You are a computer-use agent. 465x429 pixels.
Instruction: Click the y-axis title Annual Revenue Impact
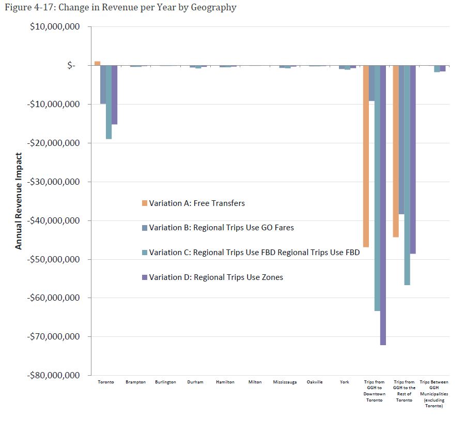click(x=19, y=201)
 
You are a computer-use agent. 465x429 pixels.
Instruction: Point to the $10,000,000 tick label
click(x=54, y=27)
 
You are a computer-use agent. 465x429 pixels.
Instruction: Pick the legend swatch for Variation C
click(x=145, y=253)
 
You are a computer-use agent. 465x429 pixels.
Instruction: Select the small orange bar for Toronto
click(x=97, y=63)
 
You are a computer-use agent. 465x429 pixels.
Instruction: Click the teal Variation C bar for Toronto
click(x=109, y=102)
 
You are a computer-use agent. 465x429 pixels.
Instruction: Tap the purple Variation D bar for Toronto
click(x=114, y=95)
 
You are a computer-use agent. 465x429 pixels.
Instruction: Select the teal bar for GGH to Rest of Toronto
click(x=407, y=175)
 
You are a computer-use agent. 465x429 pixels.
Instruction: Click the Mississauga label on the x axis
click(x=285, y=382)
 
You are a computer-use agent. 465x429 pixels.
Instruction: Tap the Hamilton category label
click(x=225, y=382)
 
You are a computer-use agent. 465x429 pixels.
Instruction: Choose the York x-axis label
click(x=345, y=382)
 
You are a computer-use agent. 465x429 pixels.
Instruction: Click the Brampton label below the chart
click(x=135, y=382)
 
